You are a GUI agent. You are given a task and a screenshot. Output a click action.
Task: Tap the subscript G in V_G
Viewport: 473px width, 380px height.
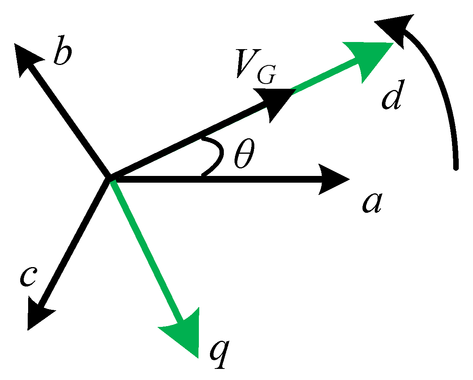tap(265, 76)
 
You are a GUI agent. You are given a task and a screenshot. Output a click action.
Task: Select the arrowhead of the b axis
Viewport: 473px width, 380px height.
tap(26, 58)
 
